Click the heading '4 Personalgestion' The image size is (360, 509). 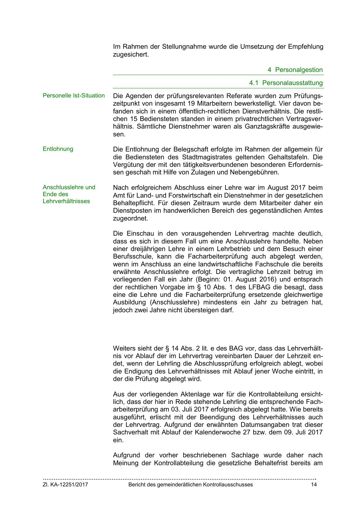[x=295, y=70]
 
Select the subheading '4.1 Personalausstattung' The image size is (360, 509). [x=286, y=83]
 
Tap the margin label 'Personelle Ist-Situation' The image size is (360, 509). [x=74, y=96]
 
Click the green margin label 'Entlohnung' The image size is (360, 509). [x=58, y=149]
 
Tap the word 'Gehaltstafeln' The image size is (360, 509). [x=291, y=157]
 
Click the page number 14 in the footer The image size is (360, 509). [x=314, y=485]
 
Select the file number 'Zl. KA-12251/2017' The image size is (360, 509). [x=65, y=485]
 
